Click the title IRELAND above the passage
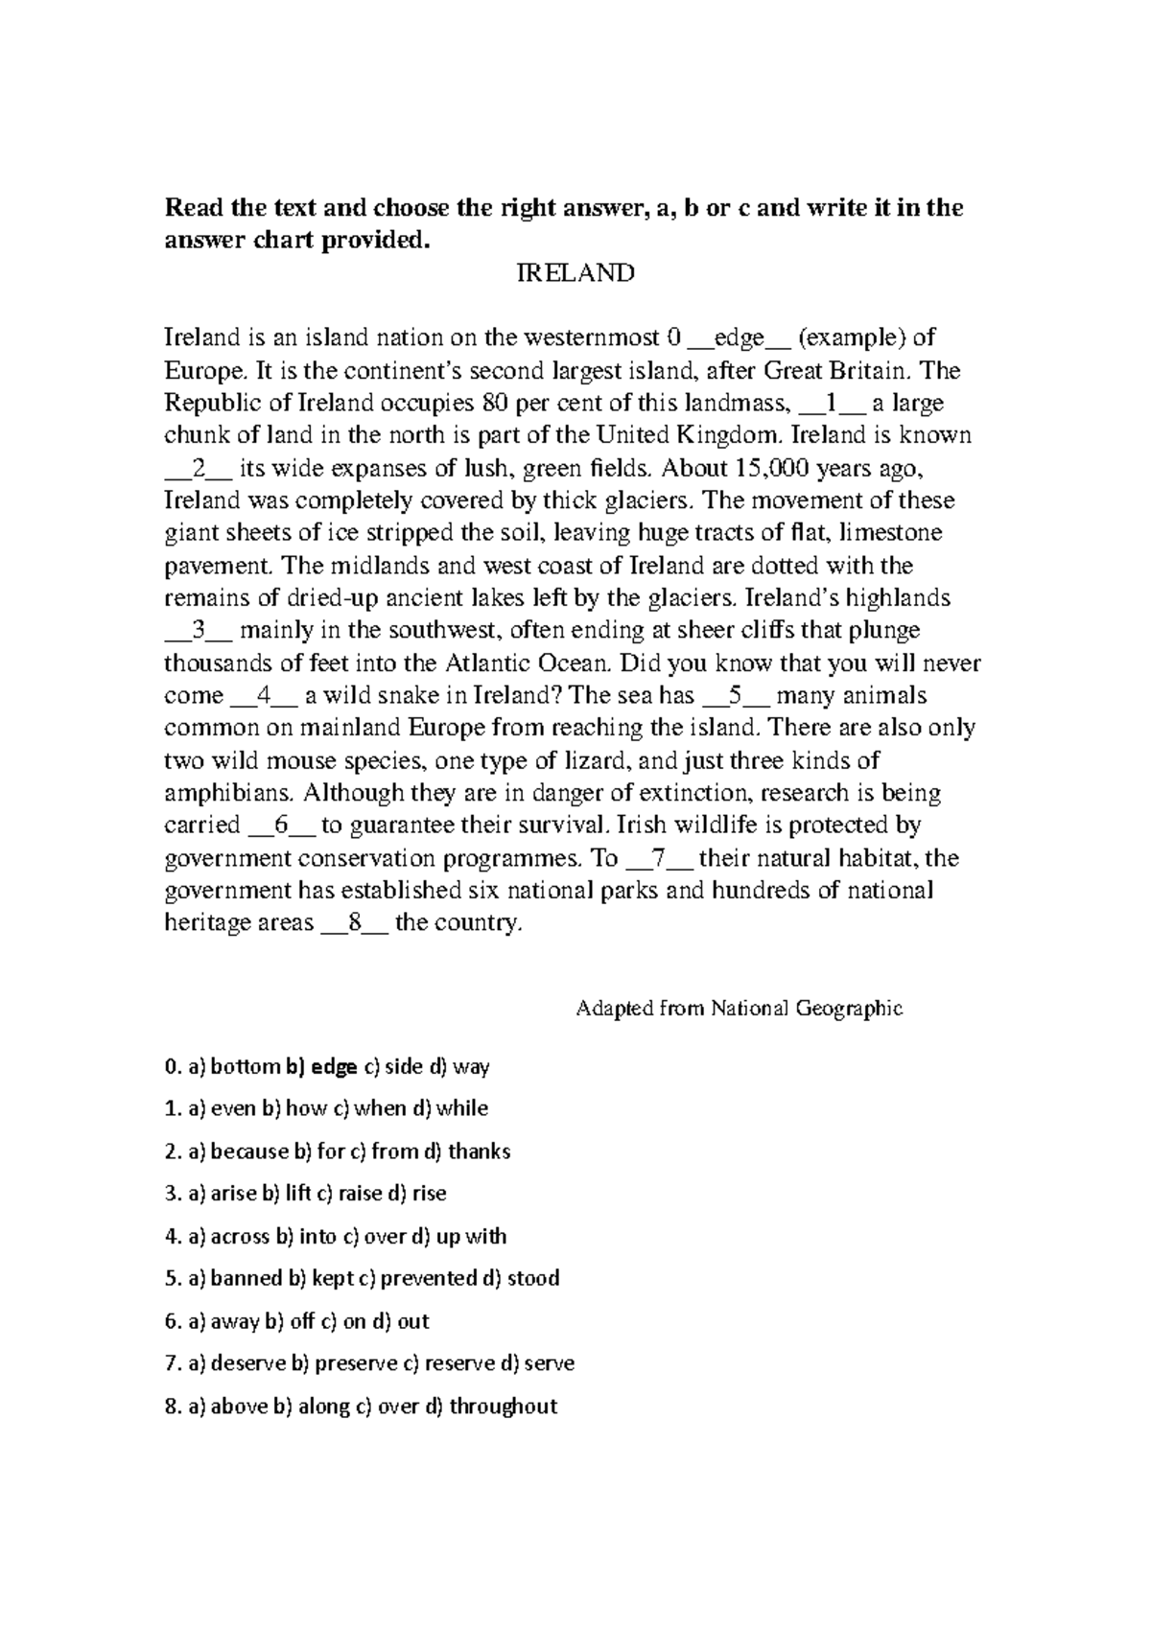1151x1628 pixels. (x=575, y=273)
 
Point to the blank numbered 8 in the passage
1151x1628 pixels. (x=354, y=923)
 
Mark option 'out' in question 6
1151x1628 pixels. (x=412, y=1321)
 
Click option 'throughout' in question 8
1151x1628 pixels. (x=503, y=1407)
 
